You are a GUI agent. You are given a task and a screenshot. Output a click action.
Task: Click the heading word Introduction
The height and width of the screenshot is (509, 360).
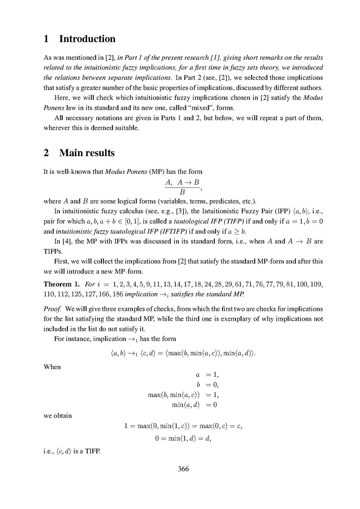[x=87, y=39]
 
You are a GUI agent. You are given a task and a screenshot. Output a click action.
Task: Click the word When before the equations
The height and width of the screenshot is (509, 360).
[x=52, y=366]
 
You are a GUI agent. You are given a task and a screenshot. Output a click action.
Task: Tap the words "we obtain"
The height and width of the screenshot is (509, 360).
[x=58, y=416]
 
